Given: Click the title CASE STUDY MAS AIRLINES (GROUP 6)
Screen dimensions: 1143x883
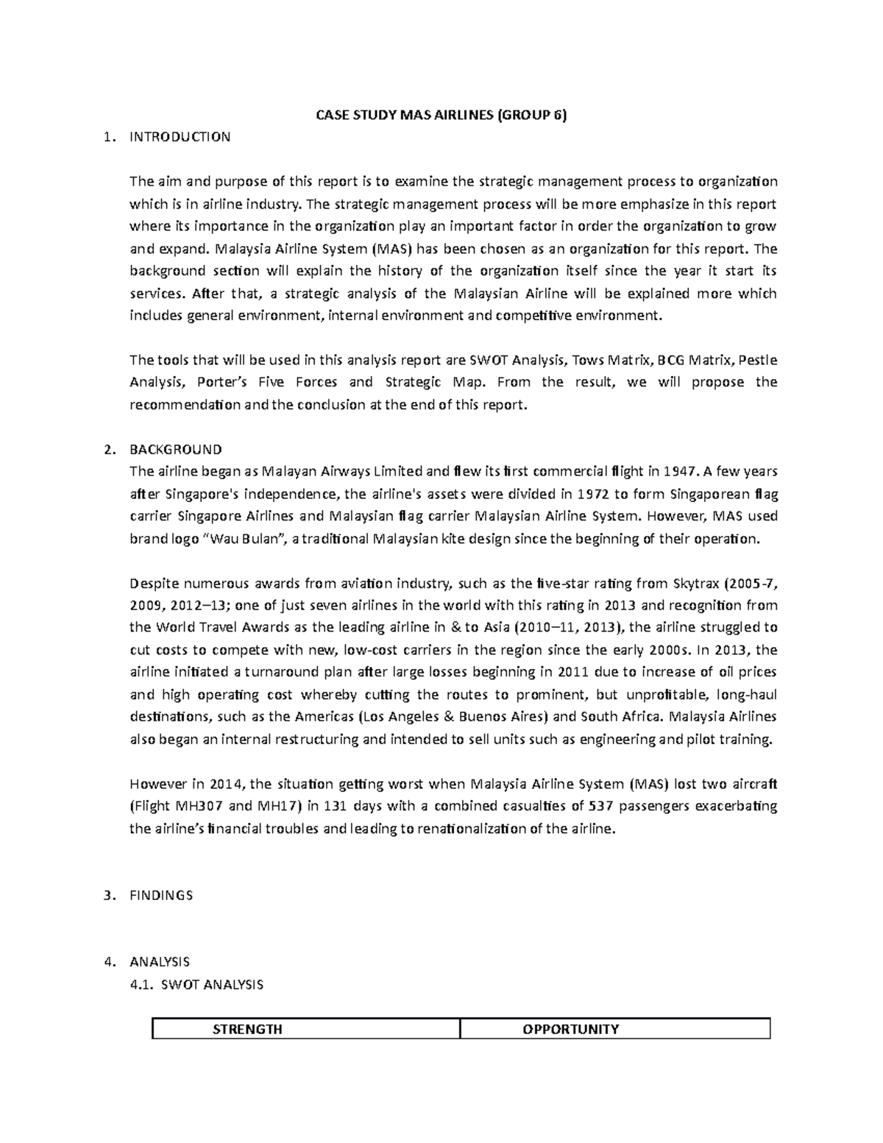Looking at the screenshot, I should coord(441,115).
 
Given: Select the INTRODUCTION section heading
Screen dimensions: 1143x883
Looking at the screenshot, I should coord(180,137).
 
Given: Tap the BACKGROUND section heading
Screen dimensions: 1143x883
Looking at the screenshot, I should coord(175,449).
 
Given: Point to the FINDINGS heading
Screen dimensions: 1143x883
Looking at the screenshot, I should coord(161,895).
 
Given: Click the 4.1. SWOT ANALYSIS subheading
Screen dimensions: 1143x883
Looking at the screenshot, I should coord(196,984).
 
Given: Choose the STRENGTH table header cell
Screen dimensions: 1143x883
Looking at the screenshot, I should coord(247,1029).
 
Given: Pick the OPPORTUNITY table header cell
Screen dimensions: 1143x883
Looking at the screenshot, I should coord(570,1029).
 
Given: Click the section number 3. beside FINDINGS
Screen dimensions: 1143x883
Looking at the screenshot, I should coord(110,895).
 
